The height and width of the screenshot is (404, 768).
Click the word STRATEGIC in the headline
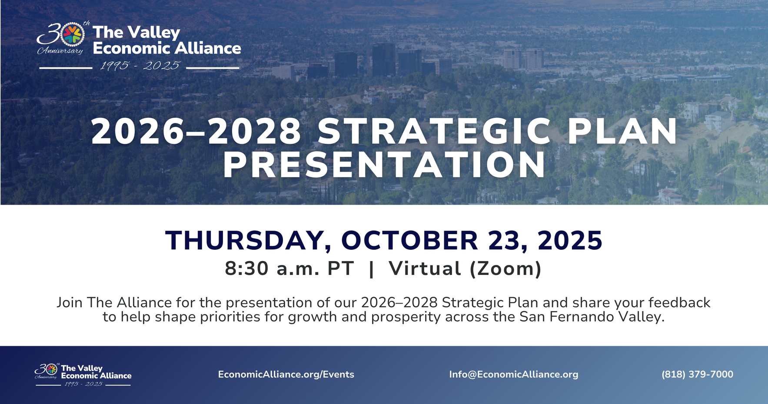click(x=434, y=132)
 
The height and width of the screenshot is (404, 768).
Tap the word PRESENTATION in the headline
click(x=384, y=165)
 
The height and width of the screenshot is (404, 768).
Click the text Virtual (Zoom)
click(x=465, y=269)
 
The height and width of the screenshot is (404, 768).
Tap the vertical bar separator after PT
click(x=371, y=269)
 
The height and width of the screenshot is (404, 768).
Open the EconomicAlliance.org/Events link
click(x=286, y=374)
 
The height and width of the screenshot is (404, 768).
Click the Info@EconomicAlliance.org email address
click(x=514, y=374)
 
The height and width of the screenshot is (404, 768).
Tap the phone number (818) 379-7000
click(x=697, y=374)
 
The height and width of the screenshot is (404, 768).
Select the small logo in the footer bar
click(x=83, y=374)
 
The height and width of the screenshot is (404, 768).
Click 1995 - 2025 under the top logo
click(x=140, y=66)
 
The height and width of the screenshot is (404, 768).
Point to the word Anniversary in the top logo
click(x=60, y=51)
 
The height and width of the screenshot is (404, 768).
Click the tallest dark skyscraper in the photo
click(x=383, y=60)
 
